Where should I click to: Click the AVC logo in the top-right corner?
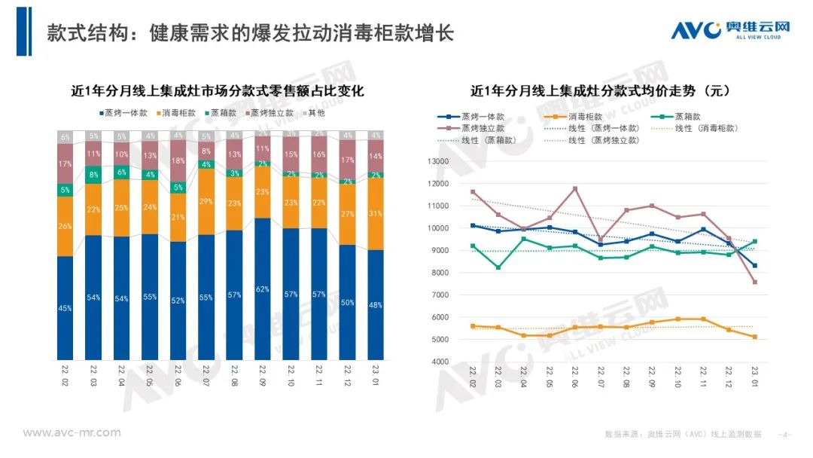tap(729, 30)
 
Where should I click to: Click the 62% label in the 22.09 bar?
tap(263, 289)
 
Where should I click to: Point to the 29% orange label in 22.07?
tap(206, 202)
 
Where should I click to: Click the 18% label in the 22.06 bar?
tap(178, 161)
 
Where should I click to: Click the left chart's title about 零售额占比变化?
tap(218, 91)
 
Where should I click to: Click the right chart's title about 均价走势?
tap(600, 91)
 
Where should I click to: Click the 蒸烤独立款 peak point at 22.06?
tap(575, 188)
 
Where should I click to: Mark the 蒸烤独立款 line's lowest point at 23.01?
tap(754, 282)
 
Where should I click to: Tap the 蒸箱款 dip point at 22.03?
tap(498, 267)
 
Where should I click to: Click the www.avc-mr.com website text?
tap(72, 432)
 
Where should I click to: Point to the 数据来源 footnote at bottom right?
tap(683, 434)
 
